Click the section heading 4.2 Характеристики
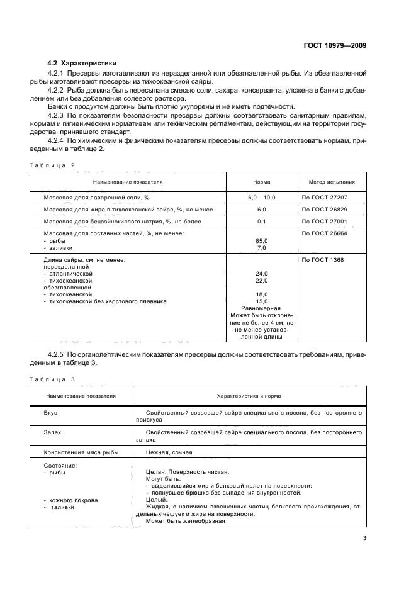[82, 64]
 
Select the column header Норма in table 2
[262, 182]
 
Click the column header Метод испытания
[332, 182]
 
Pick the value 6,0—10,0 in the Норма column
[262, 197]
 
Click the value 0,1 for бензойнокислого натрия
[262, 221]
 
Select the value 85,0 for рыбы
[262, 241]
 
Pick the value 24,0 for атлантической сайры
[262, 274]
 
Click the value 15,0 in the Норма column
[262, 301]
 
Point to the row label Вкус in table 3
[50, 413]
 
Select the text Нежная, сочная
[168, 452]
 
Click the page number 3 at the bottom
[364, 537]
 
